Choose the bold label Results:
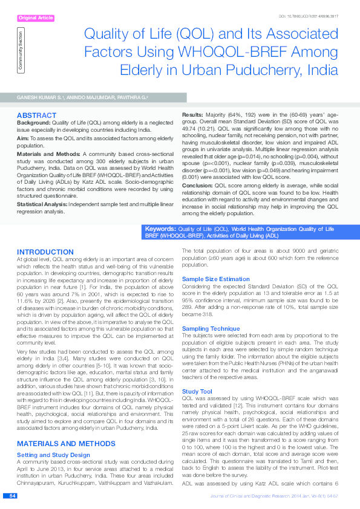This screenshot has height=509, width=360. coord(195,114)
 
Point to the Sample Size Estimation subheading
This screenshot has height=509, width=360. coord(215,279)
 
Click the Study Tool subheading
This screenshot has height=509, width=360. coord(197,375)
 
